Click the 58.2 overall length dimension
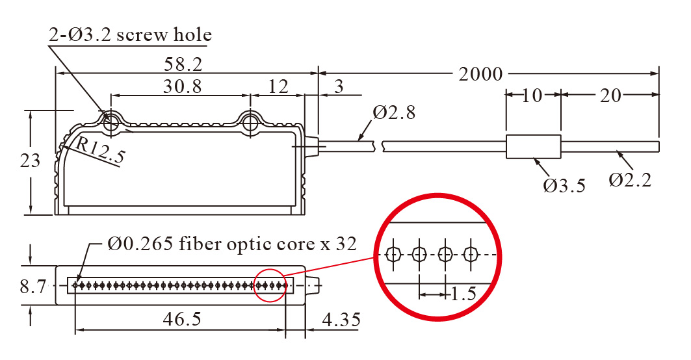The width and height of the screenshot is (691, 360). pos(185,64)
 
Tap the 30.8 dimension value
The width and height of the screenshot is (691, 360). pos(181,86)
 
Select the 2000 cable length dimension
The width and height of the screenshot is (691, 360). pos(480,74)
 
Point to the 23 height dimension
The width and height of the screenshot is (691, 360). pos(30,160)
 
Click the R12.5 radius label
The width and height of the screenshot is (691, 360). pos(99,150)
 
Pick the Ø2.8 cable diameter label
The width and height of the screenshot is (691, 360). pos(395,112)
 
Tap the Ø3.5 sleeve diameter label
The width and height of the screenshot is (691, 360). pos(564,186)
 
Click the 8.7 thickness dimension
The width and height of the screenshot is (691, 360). pos(33,286)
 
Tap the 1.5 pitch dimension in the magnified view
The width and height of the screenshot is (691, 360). pos(463,294)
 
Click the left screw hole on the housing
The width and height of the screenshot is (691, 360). pos(111,121)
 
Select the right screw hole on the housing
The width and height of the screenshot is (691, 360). pos(250,121)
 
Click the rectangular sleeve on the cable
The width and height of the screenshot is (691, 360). pos(533,146)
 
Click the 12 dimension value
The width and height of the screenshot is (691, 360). pos(278,86)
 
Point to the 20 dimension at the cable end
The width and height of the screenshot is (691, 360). pos(610,96)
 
